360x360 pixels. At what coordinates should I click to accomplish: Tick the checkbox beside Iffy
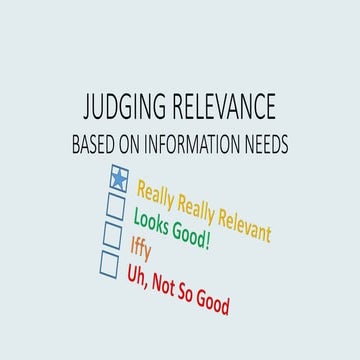[x=113, y=235]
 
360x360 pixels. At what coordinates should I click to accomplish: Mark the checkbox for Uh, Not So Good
[x=110, y=263]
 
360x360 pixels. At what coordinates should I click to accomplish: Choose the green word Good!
[x=192, y=238]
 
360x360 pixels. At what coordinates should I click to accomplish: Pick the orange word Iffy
[x=140, y=247]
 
